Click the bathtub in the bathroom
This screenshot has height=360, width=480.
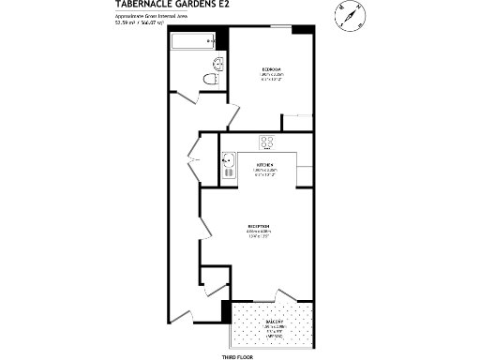tap(193, 41)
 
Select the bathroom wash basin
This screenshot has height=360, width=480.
tap(217, 64)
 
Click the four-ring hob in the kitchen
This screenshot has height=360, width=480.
tap(266, 142)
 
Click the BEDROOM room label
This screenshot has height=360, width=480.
tap(272, 71)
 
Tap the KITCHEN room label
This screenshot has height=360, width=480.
tap(264, 164)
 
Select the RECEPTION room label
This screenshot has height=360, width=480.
tap(259, 227)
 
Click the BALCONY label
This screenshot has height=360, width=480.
tap(262, 321)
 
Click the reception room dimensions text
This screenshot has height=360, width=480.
tap(259, 234)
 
